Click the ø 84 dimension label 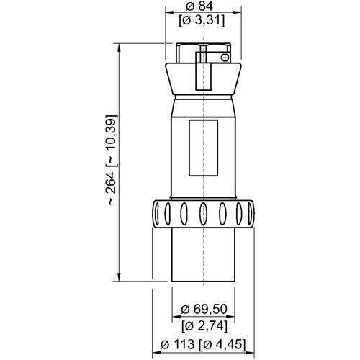click(199, 6)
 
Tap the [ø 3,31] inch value click(202, 22)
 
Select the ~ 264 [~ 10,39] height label click(112, 161)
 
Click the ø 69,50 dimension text click(204, 310)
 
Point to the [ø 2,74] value click(204, 326)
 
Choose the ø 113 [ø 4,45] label click(203, 344)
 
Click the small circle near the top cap click(225, 58)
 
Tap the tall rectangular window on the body click(204, 148)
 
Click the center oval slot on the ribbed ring click(203, 214)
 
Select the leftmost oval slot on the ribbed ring click(157, 214)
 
